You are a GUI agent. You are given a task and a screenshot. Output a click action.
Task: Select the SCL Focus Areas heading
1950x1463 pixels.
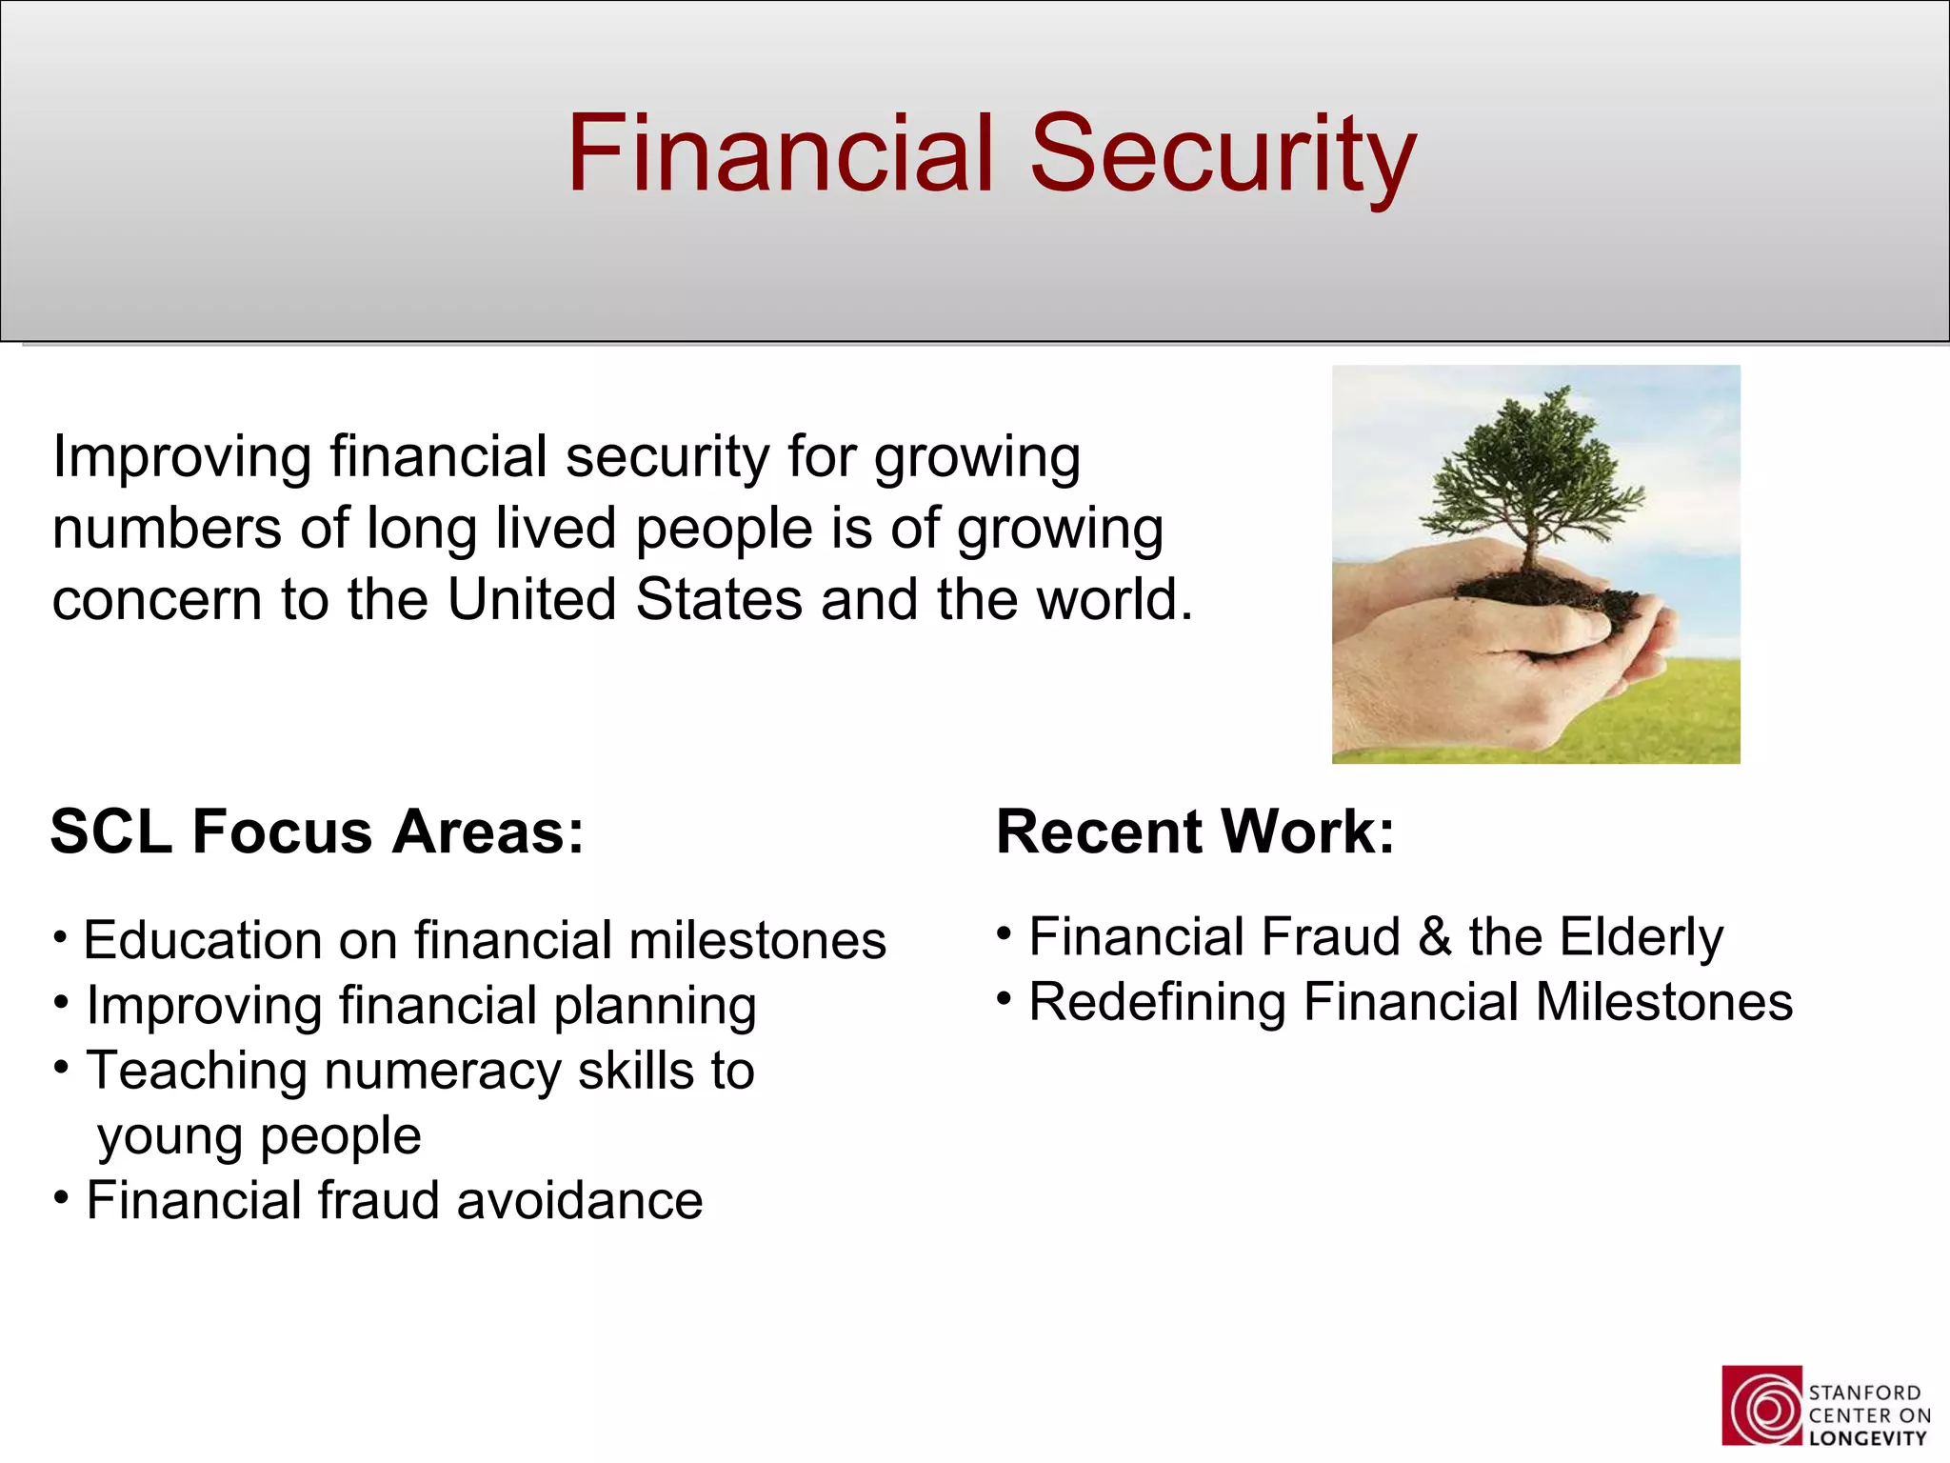pyautogui.click(x=317, y=832)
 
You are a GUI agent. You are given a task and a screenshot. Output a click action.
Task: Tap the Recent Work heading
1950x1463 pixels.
pyautogui.click(x=1195, y=832)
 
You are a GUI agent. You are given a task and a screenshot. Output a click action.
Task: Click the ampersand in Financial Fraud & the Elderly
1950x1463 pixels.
pyautogui.click(x=1435, y=937)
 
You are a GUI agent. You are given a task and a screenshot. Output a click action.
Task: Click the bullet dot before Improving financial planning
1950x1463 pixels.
pyautogui.click(x=62, y=1002)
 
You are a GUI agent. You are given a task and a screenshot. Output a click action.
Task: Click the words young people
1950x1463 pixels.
pyautogui.click(x=259, y=1136)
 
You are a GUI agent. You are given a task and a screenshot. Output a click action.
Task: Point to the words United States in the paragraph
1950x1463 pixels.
pyautogui.click(x=625, y=599)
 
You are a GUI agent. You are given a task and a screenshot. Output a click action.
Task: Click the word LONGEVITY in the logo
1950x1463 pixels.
pyautogui.click(x=1868, y=1439)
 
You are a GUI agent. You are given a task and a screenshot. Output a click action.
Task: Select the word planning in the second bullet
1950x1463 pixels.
pyautogui.click(x=654, y=1007)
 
